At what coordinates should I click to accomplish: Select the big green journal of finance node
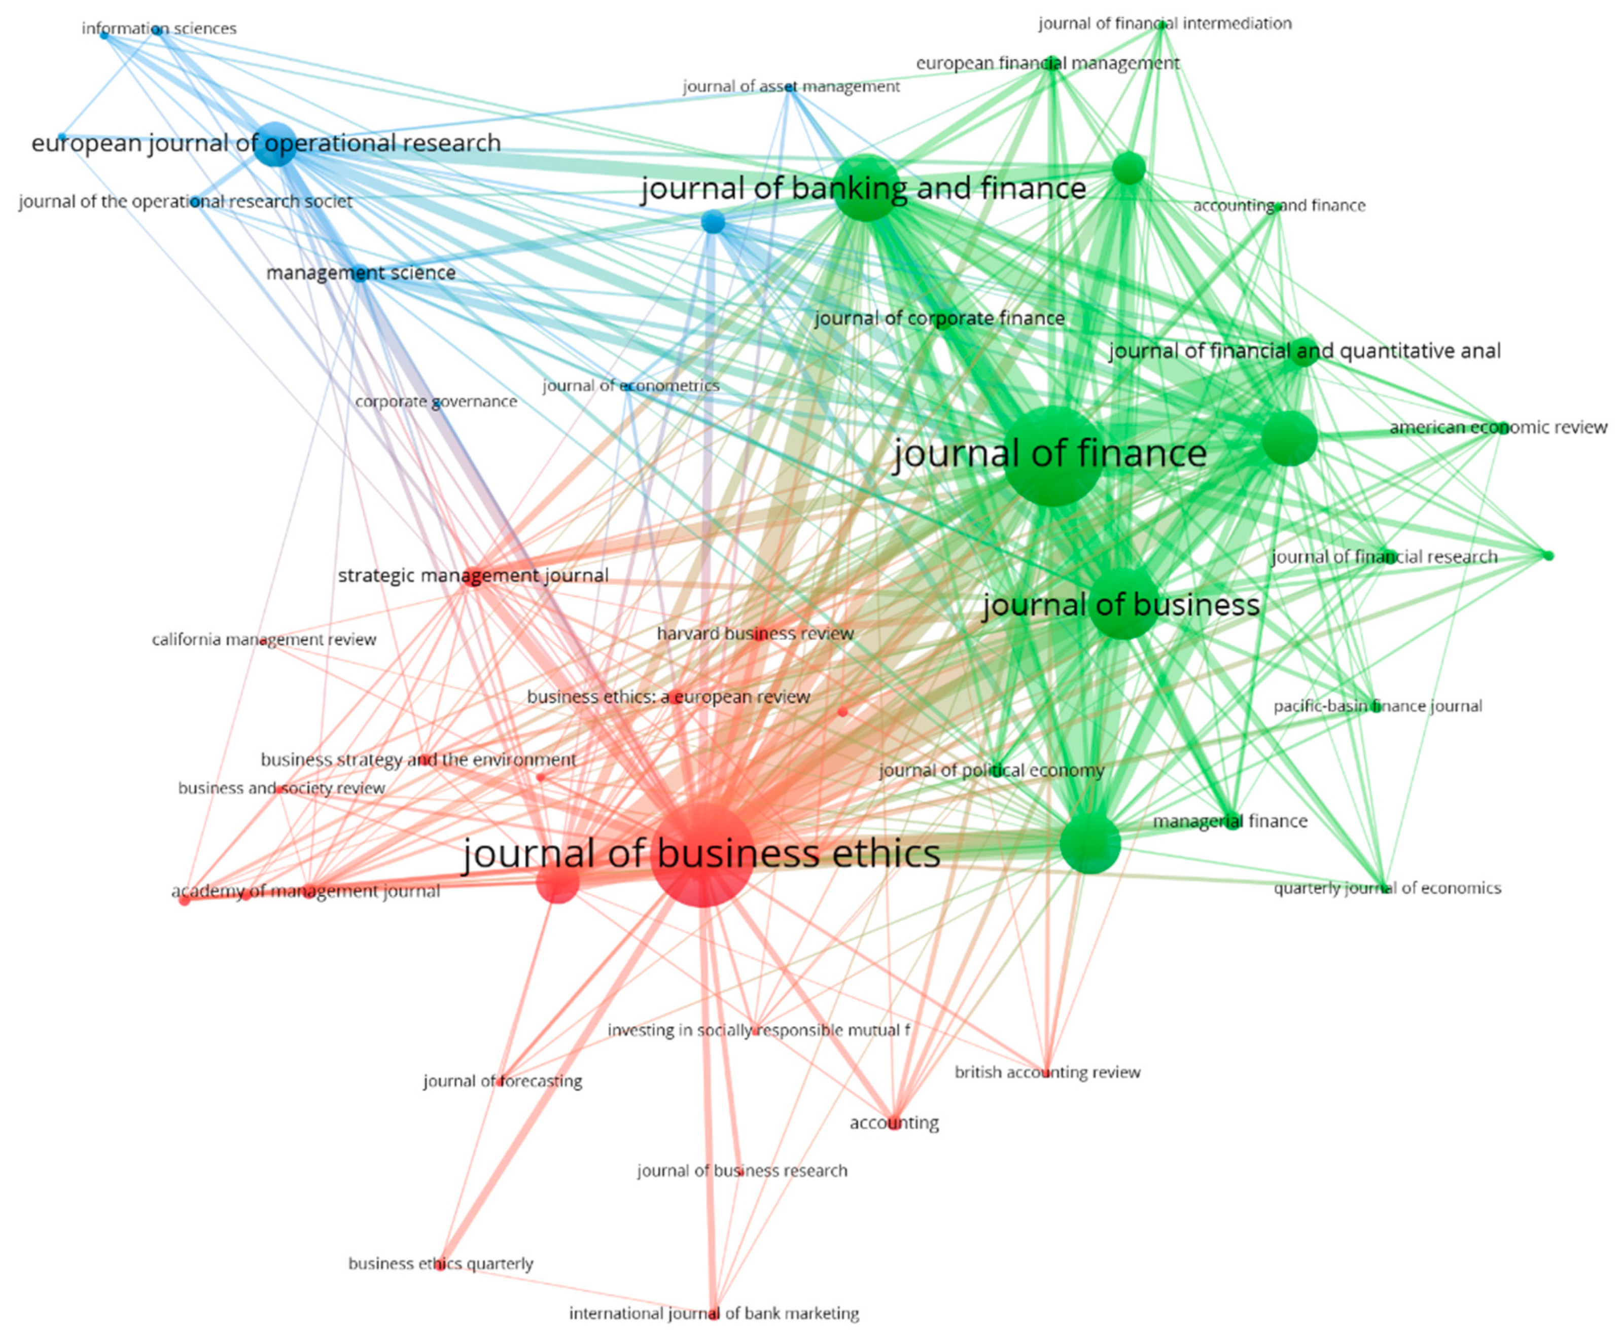point(1051,457)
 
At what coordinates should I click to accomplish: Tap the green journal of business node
point(1123,604)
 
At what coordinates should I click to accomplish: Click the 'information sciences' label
point(159,28)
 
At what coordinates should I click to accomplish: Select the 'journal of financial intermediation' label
point(1164,24)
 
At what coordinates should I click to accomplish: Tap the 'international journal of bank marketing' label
point(714,1313)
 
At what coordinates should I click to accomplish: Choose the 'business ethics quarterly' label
point(441,1263)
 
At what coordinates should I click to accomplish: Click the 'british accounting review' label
point(1047,1072)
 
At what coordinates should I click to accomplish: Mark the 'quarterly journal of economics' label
point(1387,888)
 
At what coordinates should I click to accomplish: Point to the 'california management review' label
point(264,639)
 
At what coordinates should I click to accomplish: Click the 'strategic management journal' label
point(473,575)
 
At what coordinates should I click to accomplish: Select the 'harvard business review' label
point(755,633)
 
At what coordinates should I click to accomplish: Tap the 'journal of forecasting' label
point(502,1080)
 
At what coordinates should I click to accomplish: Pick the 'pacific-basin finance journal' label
point(1377,706)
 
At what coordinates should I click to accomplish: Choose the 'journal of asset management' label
point(791,86)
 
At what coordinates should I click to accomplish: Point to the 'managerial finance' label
point(1230,821)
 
